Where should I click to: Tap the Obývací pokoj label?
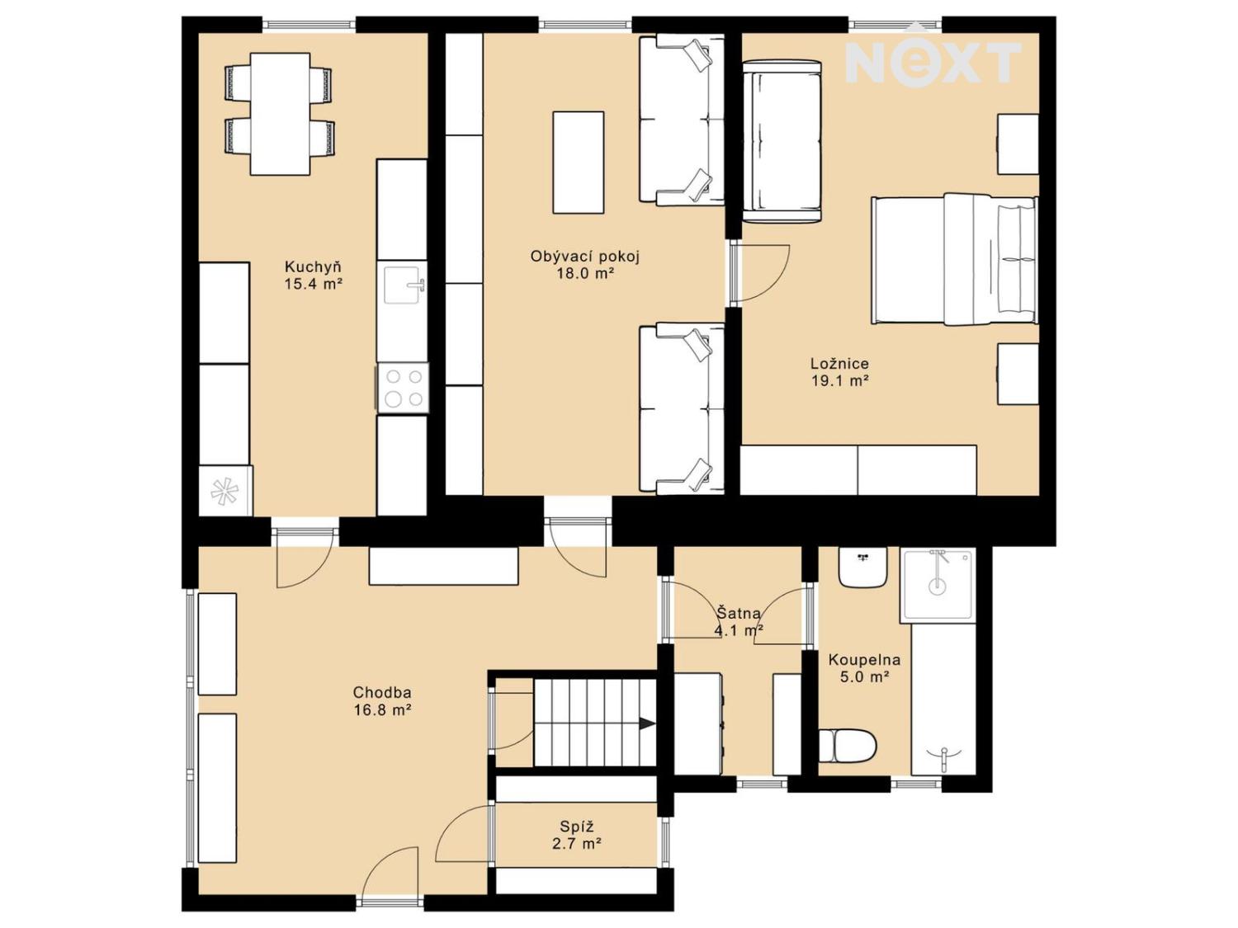585,257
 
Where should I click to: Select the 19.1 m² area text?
839,381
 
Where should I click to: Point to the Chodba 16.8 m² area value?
382,710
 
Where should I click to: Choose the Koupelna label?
864,660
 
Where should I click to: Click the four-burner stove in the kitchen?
403,387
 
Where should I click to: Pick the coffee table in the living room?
578,163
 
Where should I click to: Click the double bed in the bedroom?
954,260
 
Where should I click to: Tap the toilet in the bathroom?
847,746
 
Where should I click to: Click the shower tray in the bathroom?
938,584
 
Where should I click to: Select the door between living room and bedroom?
758,274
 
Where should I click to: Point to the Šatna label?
739,612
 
